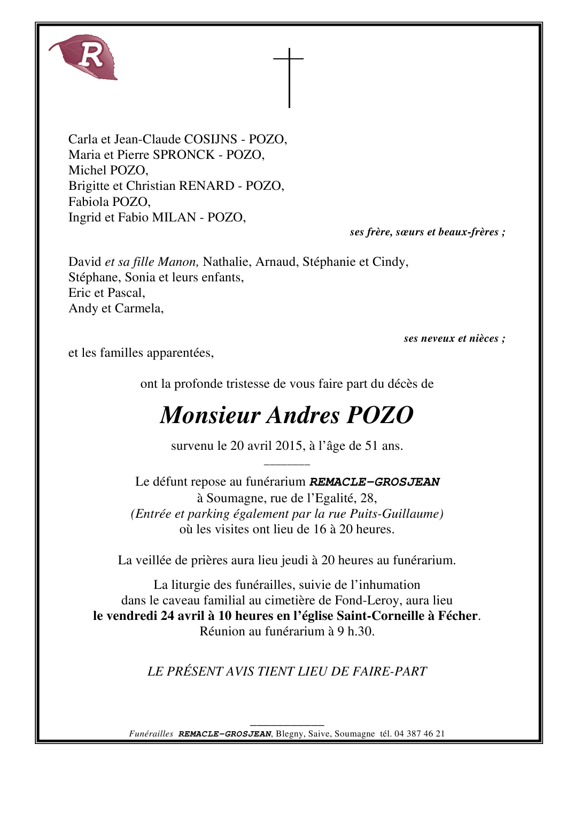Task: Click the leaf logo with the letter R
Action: pos(86,57)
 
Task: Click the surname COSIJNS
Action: pos(211,140)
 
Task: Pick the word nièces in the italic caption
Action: pos(484,339)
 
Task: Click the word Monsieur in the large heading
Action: pos(210,416)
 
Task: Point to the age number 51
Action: pos(371,446)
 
